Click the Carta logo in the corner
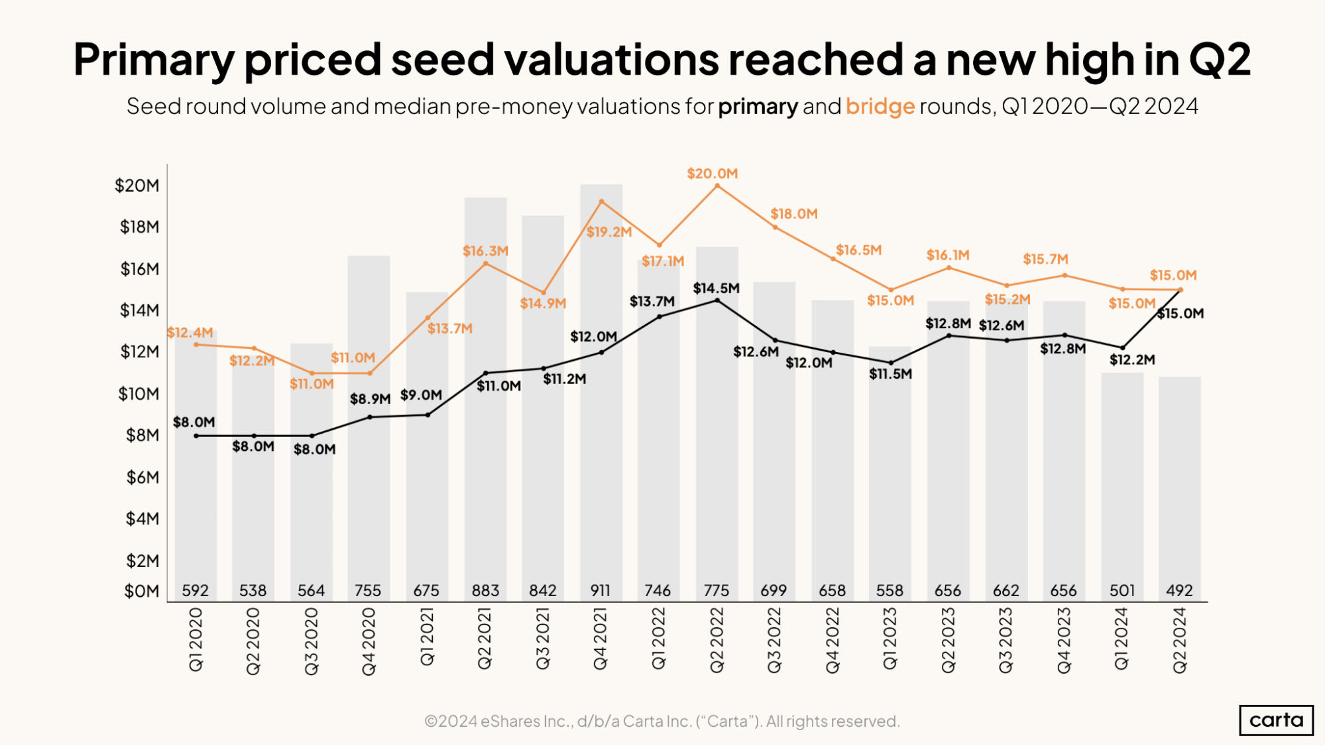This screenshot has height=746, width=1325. pos(1276,720)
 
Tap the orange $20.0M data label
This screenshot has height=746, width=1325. pos(712,174)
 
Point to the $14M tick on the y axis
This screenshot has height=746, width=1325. pos(139,310)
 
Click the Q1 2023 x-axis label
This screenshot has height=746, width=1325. pos(890,639)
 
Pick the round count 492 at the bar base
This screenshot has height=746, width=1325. pos(1179,590)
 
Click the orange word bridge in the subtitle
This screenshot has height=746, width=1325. pos(880,106)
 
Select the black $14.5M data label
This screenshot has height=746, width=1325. pos(716,288)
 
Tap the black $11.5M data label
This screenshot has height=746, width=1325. pos(890,374)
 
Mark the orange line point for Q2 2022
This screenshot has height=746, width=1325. pos(717,186)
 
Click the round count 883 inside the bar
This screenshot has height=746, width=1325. pos(485,590)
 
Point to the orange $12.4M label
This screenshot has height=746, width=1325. pos(190,332)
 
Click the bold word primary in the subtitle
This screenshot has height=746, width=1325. pos(758,106)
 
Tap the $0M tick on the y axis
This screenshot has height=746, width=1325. pos(141,591)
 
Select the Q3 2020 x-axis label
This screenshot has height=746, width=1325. pos(311,641)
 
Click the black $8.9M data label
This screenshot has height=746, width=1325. pos(370,399)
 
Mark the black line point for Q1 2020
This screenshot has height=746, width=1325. pos(196,436)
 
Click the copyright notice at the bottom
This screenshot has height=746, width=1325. pos(662,721)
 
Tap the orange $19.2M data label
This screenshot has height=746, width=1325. pos(608,232)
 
